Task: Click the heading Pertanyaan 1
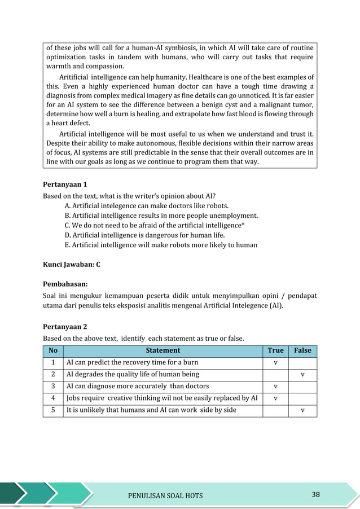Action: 65,185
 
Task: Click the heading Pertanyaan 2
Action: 65,327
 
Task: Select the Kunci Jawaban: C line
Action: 72,264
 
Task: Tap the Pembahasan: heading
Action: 65,284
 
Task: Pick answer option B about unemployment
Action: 161,215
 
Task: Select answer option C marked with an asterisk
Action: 155,225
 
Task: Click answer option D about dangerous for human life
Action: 145,235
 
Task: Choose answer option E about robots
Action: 161,245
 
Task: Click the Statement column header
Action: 163,351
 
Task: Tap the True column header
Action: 275,351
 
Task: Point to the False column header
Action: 302,351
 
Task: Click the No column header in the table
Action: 53,351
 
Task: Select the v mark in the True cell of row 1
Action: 275,363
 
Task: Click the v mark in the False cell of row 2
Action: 302,375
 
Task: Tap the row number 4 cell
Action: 53,398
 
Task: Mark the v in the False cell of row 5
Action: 302,410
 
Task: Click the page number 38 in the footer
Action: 315,495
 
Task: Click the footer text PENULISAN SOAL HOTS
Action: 166,496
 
